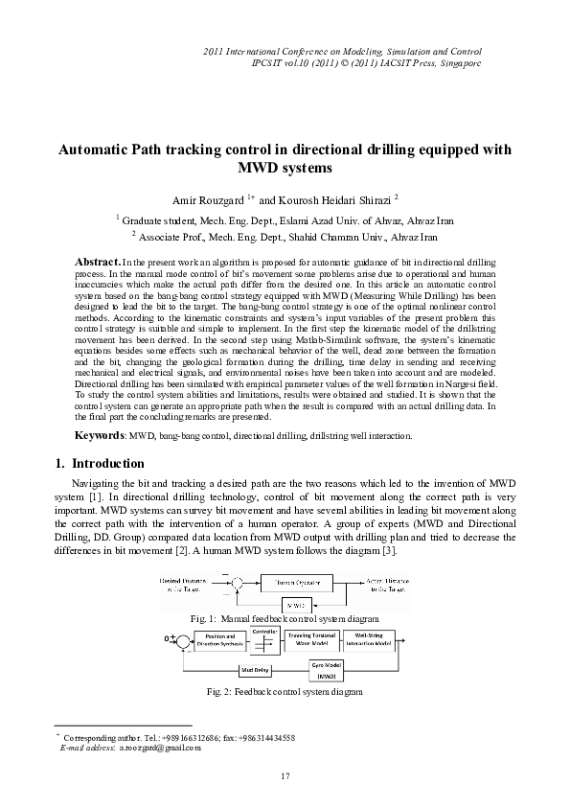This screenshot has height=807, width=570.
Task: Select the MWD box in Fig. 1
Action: tap(294, 605)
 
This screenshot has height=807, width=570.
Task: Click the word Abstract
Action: tap(98, 262)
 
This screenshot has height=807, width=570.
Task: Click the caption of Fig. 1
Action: tap(285, 620)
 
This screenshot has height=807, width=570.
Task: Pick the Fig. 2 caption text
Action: tap(285, 690)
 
